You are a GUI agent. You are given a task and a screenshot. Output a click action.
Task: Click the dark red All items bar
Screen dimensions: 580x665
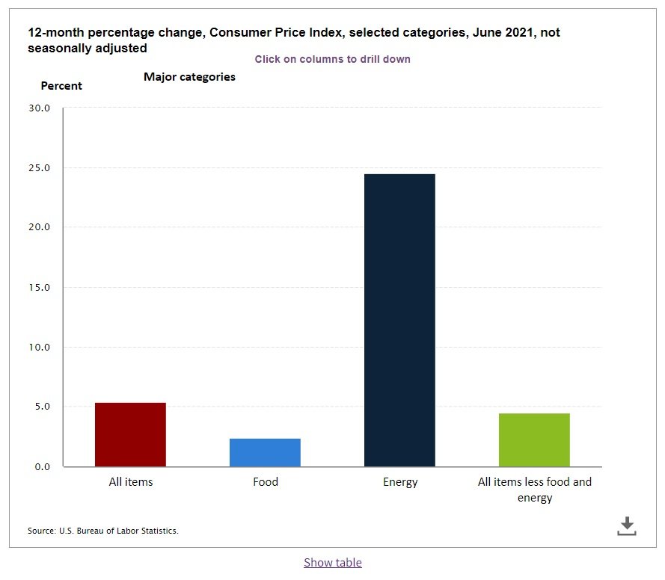[130, 434]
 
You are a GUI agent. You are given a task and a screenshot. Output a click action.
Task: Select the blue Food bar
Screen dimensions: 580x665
[265, 452]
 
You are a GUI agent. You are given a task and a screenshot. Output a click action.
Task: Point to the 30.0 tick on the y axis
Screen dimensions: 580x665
[37, 108]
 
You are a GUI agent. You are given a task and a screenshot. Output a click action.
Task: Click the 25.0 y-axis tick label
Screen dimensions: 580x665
[37, 167]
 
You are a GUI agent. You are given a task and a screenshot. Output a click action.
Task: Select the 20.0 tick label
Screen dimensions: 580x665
[37, 227]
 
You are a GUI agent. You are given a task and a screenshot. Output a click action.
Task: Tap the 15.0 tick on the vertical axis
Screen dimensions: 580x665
[37, 287]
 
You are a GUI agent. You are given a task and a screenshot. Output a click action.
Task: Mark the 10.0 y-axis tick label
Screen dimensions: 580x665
[37, 347]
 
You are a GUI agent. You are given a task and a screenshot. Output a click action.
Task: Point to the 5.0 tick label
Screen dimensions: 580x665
[40, 407]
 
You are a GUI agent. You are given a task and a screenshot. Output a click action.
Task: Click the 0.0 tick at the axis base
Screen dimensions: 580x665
[40, 466]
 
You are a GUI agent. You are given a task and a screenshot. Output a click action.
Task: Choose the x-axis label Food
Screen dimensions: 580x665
[265, 482]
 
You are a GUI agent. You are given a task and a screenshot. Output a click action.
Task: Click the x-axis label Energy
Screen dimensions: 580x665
[400, 482]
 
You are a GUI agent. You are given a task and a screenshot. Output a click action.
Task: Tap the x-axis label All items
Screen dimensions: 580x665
[131, 482]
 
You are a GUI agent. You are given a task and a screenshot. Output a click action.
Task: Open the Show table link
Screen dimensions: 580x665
[332, 562]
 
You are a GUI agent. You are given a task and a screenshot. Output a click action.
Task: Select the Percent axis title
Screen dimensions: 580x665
[61, 86]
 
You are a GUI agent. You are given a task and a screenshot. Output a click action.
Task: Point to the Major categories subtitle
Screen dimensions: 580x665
[189, 77]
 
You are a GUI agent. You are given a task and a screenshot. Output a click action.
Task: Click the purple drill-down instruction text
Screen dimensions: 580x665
[332, 59]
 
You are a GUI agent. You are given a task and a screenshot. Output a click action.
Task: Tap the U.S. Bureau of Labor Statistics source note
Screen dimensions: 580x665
[103, 531]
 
